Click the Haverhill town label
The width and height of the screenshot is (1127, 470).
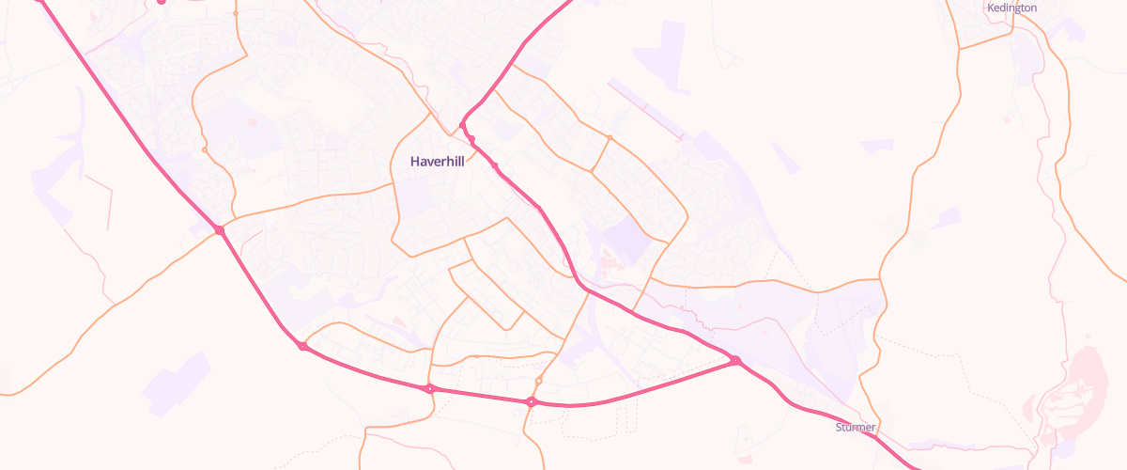pyautogui.click(x=437, y=162)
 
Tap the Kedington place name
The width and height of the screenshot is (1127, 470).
pyautogui.click(x=1011, y=8)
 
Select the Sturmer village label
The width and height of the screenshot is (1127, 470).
pyautogui.click(x=855, y=428)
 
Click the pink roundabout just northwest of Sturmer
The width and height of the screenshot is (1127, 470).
pyautogui.click(x=735, y=360)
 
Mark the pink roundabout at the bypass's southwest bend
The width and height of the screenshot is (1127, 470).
pyautogui.click(x=302, y=347)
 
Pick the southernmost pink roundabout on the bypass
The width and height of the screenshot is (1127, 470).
pyautogui.click(x=532, y=402)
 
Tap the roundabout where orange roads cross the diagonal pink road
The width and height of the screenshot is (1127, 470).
pyautogui.click(x=219, y=230)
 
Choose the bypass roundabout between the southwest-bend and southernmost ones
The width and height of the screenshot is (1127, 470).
pyautogui.click(x=429, y=388)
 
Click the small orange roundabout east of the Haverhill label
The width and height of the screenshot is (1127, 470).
pyautogui.click(x=610, y=139)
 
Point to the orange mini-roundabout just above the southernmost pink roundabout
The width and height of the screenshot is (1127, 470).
pyautogui.click(x=539, y=381)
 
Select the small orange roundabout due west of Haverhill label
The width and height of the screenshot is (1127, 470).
pyautogui.click(x=204, y=149)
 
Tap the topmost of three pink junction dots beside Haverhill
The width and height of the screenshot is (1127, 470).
pyautogui.click(x=463, y=125)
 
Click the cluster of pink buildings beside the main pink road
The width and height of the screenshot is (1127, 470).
pyautogui.click(x=609, y=258)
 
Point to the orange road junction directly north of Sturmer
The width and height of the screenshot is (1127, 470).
pyautogui.click(x=880, y=279)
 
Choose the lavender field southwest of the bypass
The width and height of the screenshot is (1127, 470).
pyautogui.click(x=178, y=381)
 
